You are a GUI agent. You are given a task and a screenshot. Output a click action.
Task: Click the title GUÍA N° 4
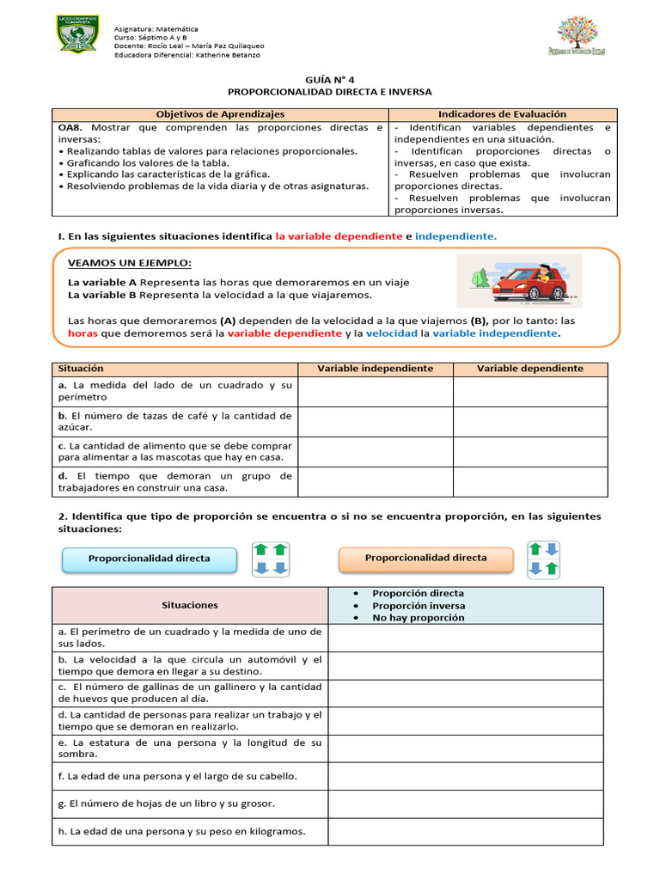point(329,77)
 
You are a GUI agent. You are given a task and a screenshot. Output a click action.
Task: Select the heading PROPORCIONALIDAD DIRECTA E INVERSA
point(329,91)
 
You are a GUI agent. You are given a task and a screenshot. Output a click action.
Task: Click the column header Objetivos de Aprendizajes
point(220,114)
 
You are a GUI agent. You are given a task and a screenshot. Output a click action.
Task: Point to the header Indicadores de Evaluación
point(502,114)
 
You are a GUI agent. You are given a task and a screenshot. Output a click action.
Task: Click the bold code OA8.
point(70,127)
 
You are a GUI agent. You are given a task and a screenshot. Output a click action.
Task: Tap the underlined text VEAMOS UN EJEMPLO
point(130,263)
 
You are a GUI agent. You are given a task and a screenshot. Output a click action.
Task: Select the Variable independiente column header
point(375,369)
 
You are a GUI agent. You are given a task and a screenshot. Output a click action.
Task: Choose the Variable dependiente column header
point(529,369)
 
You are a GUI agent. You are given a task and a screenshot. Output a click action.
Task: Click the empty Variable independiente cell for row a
point(375,392)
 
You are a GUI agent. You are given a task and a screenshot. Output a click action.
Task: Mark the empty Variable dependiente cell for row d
point(529,482)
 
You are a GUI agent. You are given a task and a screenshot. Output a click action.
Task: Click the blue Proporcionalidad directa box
point(150,559)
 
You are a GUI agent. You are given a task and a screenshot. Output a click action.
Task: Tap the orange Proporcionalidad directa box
point(425,558)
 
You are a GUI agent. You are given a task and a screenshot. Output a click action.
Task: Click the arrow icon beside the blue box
point(271,559)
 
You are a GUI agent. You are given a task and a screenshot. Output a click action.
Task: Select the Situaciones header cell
point(190,605)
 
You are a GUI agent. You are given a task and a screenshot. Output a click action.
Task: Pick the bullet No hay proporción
point(418,617)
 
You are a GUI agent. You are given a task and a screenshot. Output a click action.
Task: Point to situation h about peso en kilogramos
point(186,831)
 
